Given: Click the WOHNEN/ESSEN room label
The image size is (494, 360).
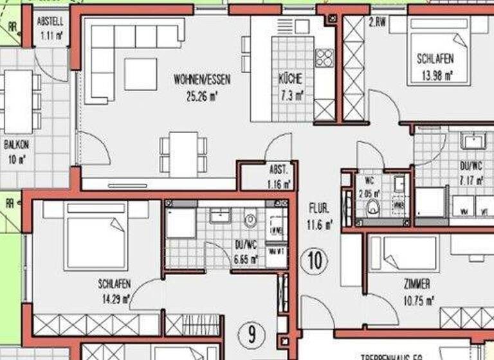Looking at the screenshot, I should tap(202, 80).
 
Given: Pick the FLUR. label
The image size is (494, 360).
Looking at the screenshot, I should tap(319, 208).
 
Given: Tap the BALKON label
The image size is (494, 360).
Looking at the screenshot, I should tap(16, 145).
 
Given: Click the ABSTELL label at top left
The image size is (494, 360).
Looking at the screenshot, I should tap(50, 21).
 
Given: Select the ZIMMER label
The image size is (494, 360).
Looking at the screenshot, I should tap(417, 284).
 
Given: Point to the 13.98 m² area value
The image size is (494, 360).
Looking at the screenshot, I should tap(435, 75).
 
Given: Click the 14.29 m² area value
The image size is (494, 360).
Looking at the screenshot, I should tap(116, 299).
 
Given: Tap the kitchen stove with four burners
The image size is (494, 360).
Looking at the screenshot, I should tap(325, 59).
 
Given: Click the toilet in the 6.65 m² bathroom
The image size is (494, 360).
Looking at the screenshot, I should tap(250, 221).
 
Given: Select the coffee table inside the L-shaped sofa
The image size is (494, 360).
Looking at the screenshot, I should tap(140, 74).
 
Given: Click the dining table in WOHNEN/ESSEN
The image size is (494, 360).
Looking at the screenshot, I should tap(184, 154).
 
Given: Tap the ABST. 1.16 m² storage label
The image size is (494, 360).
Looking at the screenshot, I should tap(280, 176).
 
